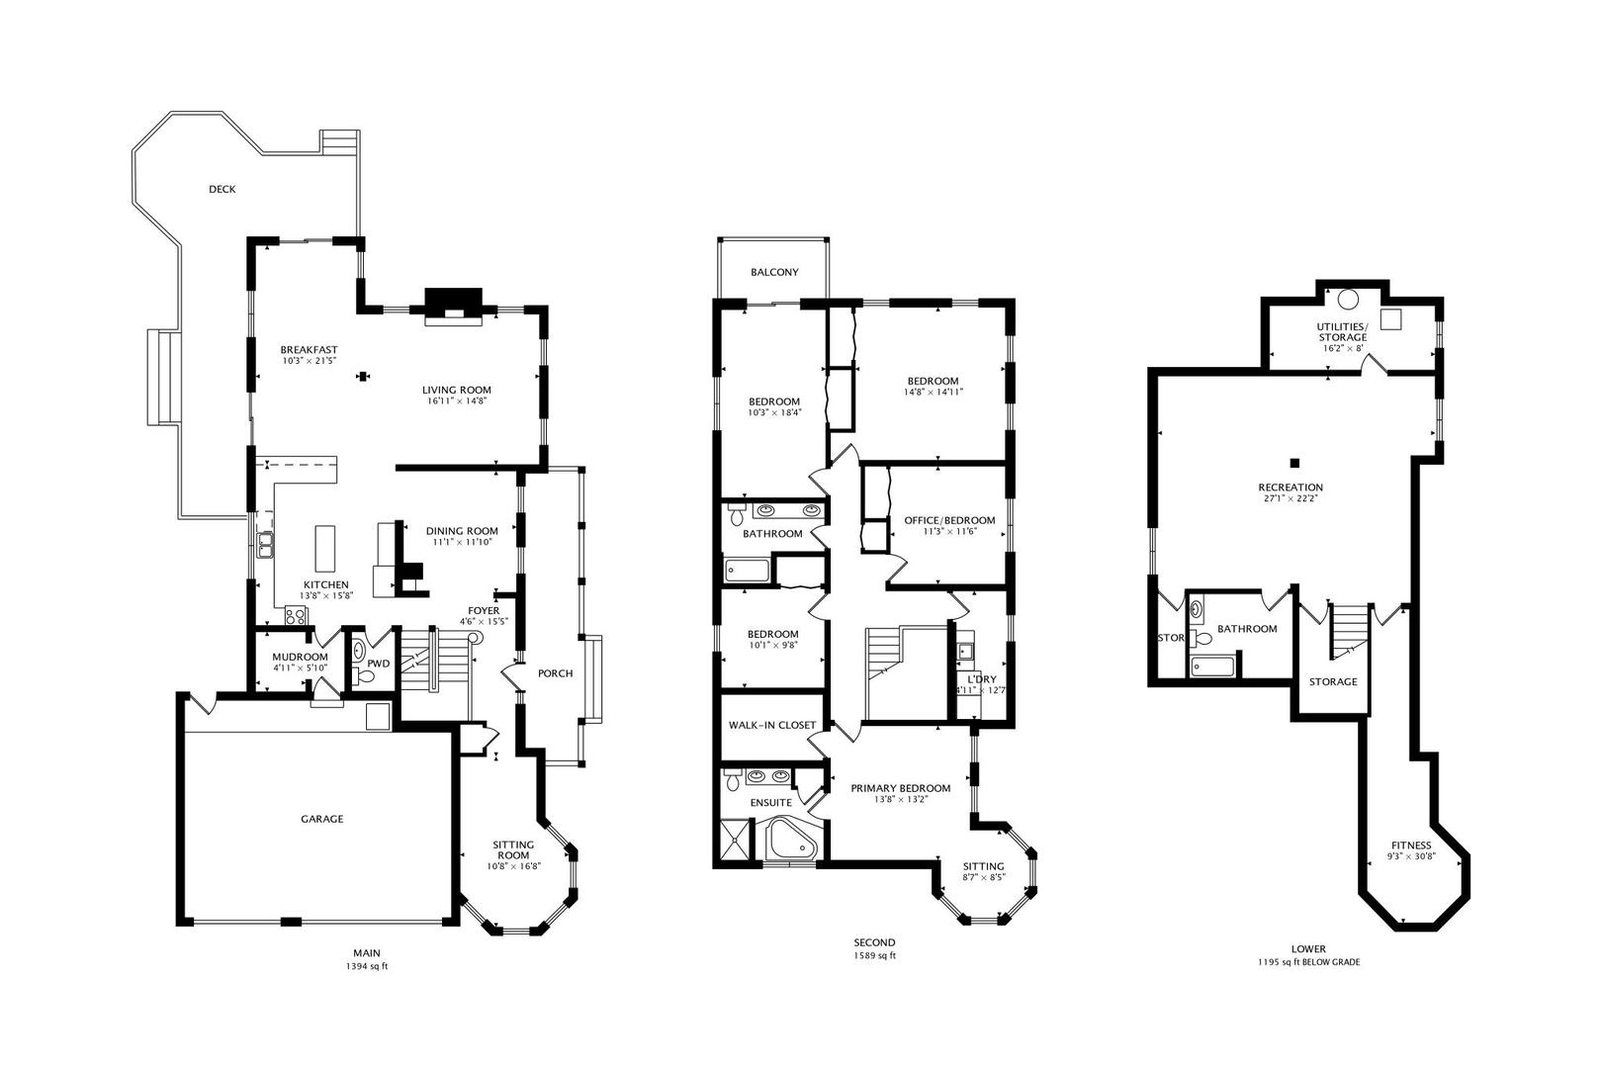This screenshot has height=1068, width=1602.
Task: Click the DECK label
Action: click(x=222, y=190)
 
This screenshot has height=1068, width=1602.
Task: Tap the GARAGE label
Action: click(x=321, y=819)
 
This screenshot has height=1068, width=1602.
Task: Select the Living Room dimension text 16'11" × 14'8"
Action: click(x=456, y=401)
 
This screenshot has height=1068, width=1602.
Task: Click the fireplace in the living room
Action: click(x=454, y=307)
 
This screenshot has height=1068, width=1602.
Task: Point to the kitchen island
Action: click(x=325, y=549)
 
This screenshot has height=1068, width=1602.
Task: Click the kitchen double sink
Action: click(x=265, y=546)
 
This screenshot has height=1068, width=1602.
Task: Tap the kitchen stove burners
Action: click(x=296, y=615)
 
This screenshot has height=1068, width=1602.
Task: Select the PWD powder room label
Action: click(x=379, y=664)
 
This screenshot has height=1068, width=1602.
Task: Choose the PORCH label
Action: click(x=555, y=673)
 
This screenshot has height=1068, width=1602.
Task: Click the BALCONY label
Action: click(x=774, y=273)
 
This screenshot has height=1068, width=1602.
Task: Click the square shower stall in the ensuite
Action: click(x=738, y=842)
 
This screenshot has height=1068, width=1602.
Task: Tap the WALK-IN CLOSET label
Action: click(x=772, y=726)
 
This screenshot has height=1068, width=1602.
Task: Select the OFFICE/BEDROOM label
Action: click(x=949, y=521)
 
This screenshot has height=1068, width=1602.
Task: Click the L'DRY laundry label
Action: click(x=982, y=679)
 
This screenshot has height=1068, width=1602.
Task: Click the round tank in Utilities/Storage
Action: click(x=1349, y=299)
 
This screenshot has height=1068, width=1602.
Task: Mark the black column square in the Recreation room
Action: click(x=1294, y=463)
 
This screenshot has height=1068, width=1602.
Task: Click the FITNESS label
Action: click(x=1412, y=845)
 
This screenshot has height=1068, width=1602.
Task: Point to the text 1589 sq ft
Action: click(x=874, y=955)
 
